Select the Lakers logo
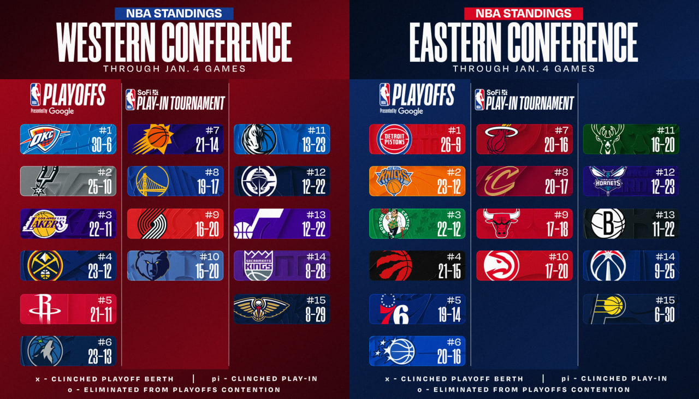[x=44, y=224]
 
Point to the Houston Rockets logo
[x=43, y=309]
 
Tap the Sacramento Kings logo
[x=258, y=266]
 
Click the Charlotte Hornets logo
[x=608, y=181]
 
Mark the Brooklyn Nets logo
[x=607, y=224]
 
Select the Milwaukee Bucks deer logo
[x=608, y=139]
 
